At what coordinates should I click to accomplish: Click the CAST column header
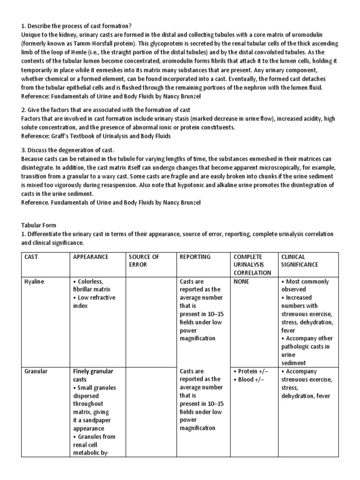coord(32,257)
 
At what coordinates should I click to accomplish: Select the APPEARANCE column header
coord(90,257)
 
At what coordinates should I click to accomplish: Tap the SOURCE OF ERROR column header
coord(144,261)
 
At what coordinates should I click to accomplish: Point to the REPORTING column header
coord(195,257)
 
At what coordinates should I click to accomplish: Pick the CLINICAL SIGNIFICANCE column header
coord(299,261)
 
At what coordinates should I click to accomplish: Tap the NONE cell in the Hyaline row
coord(241,282)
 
